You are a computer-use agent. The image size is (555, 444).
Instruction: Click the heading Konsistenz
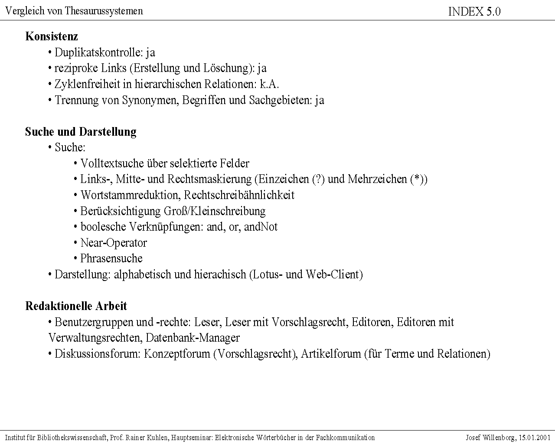(x=52, y=36)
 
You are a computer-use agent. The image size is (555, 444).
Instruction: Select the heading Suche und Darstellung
(x=81, y=131)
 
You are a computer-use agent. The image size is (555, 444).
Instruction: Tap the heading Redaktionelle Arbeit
(x=76, y=306)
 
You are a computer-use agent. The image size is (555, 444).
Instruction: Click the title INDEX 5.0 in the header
(x=474, y=12)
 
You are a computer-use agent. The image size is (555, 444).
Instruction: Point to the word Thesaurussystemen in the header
(x=104, y=11)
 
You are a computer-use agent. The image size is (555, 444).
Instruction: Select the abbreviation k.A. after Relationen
(x=269, y=84)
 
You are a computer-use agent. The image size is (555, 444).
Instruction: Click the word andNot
(x=261, y=227)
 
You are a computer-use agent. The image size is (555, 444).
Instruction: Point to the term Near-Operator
(x=114, y=243)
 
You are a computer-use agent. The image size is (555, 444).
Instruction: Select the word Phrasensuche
(x=111, y=258)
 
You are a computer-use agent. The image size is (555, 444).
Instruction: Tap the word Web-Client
(x=333, y=274)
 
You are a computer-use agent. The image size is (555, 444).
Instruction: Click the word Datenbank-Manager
(x=193, y=338)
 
